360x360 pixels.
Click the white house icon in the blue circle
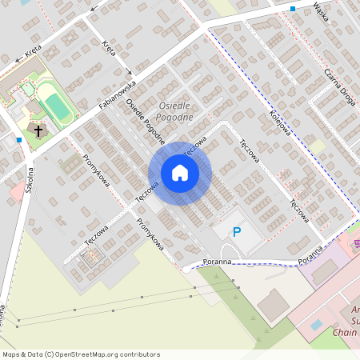(x=180, y=173)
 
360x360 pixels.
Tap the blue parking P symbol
(x=236, y=232)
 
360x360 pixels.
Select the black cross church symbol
(x=37, y=129)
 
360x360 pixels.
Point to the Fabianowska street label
(x=118, y=97)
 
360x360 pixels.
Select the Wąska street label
(x=323, y=14)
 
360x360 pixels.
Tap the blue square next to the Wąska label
(x=294, y=9)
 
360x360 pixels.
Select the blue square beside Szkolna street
(x=19, y=140)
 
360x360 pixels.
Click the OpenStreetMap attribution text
(x=81, y=354)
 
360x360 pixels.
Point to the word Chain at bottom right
(x=346, y=331)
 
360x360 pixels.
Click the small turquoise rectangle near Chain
(x=317, y=326)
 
